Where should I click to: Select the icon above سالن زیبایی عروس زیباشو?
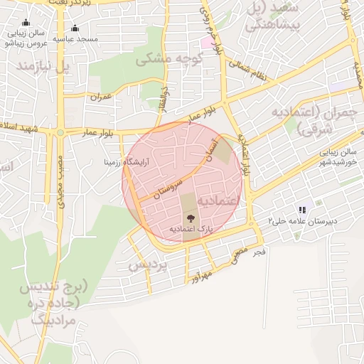pyautogui.click(x=26, y=23)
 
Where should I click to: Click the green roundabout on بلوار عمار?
pyautogui.click(x=60, y=132)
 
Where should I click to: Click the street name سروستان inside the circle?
pyautogui.click(x=164, y=189)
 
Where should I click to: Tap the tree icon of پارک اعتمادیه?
pyautogui.click(x=190, y=218)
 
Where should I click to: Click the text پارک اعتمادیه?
pyautogui.click(x=191, y=229)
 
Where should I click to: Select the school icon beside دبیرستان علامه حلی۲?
pyautogui.click(x=302, y=210)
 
